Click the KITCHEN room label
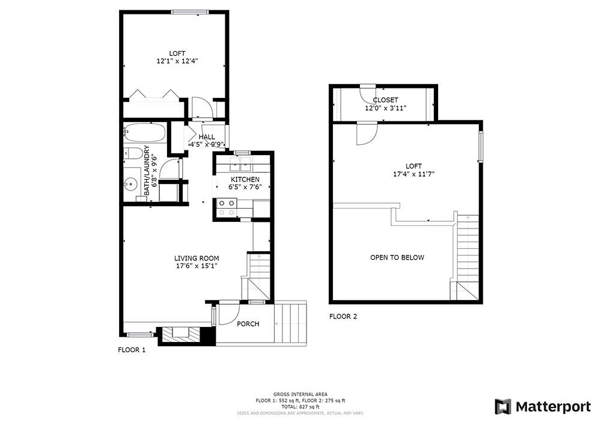245,179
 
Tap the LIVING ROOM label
197,258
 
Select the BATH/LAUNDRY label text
147,171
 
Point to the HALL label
207,137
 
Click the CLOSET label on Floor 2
386,100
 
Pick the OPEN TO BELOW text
397,257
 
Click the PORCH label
248,324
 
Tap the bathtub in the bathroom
145,133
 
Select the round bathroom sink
132,185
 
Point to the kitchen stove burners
227,208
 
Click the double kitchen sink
240,165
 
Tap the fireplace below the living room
182,335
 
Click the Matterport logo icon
503,406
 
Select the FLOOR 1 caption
132,350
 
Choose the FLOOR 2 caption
343,317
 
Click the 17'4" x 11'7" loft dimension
413,174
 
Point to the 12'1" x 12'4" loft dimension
177,61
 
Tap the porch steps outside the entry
291,323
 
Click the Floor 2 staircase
468,257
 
